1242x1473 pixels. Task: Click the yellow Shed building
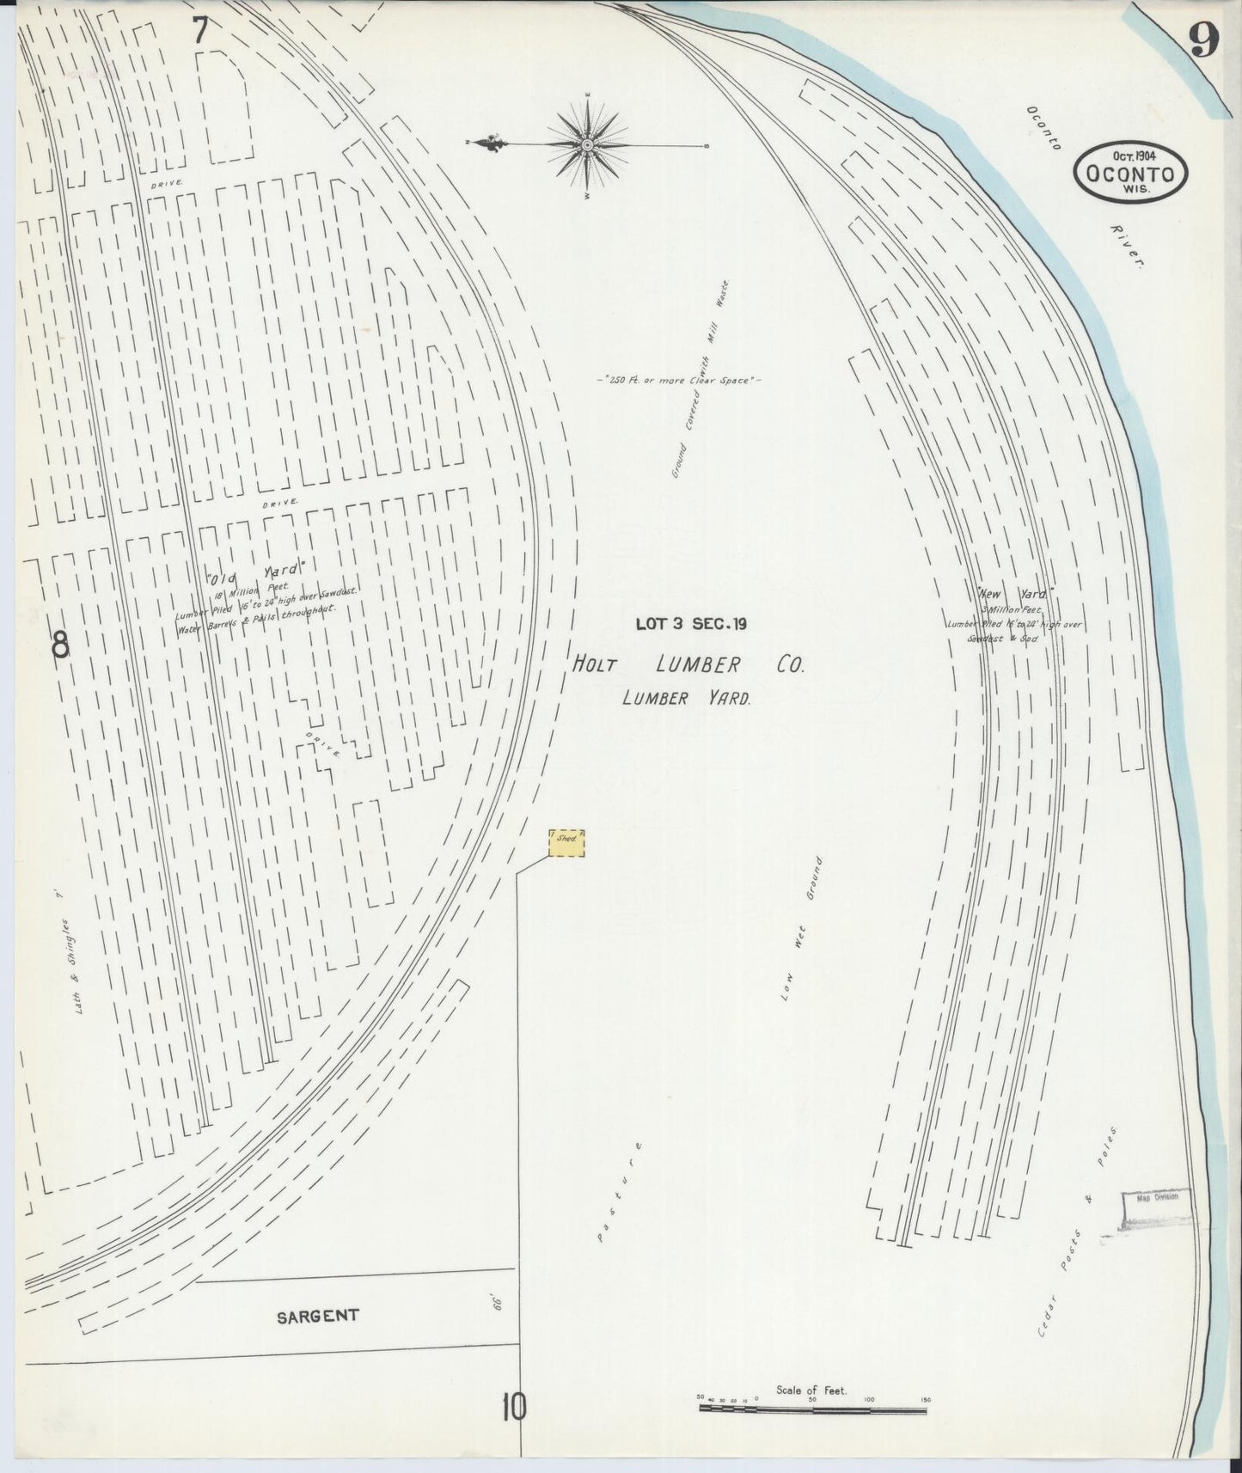coord(566,843)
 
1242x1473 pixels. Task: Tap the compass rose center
coord(587,144)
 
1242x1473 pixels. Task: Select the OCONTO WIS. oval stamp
coord(1129,171)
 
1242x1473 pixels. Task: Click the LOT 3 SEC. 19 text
coord(690,624)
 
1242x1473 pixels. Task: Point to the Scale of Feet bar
coord(812,1409)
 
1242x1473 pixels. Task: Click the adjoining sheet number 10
coord(514,1408)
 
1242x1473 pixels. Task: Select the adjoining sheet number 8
coord(58,645)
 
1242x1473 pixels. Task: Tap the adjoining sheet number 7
coord(199,31)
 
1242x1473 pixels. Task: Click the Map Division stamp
coord(1156,1196)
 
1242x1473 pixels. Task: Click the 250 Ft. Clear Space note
coord(679,379)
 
